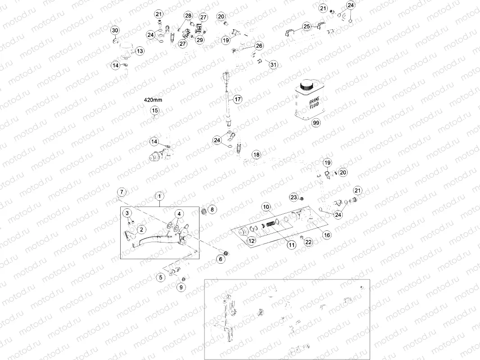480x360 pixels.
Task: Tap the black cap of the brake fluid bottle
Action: [x=308, y=85]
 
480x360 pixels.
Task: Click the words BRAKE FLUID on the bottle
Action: [x=314, y=104]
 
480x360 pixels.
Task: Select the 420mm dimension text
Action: [x=152, y=99]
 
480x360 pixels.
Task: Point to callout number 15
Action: [x=154, y=111]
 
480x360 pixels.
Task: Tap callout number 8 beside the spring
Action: [x=213, y=209]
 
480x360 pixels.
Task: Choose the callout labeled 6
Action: [x=221, y=259]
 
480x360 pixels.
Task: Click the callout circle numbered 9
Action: [x=181, y=287]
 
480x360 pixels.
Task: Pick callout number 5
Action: [x=161, y=278]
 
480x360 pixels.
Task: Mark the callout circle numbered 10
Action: [x=266, y=207]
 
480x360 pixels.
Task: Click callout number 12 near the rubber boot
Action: [x=251, y=241]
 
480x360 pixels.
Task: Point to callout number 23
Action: [x=294, y=197]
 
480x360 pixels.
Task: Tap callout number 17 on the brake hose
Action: [x=237, y=99]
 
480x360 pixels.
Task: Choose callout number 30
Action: [x=115, y=30]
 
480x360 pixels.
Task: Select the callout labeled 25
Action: [x=307, y=27]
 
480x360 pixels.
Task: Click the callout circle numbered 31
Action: [x=273, y=65]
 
